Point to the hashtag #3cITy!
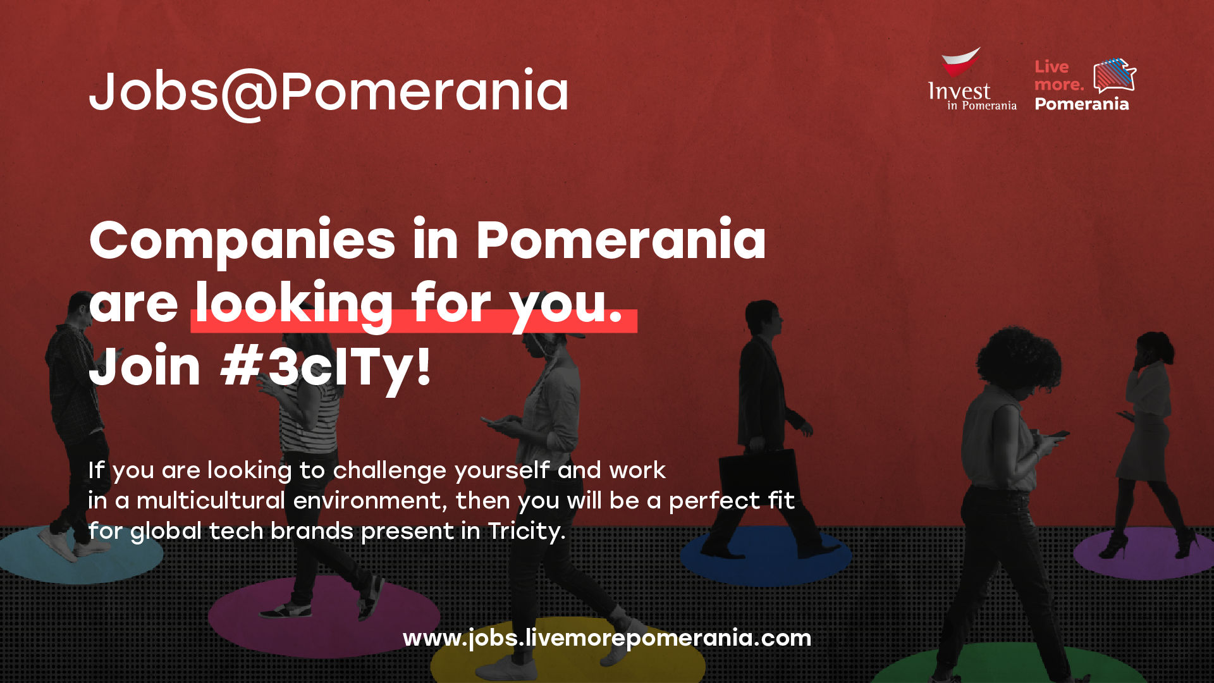326,367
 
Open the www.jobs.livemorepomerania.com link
607,638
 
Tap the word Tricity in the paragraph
526,532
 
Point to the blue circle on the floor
766,554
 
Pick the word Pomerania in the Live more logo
1082,104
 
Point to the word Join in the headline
145,367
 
